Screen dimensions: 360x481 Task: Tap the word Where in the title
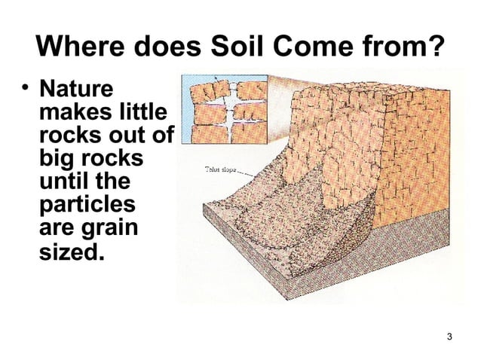[x=81, y=50]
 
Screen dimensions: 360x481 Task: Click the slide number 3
[x=449, y=335]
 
